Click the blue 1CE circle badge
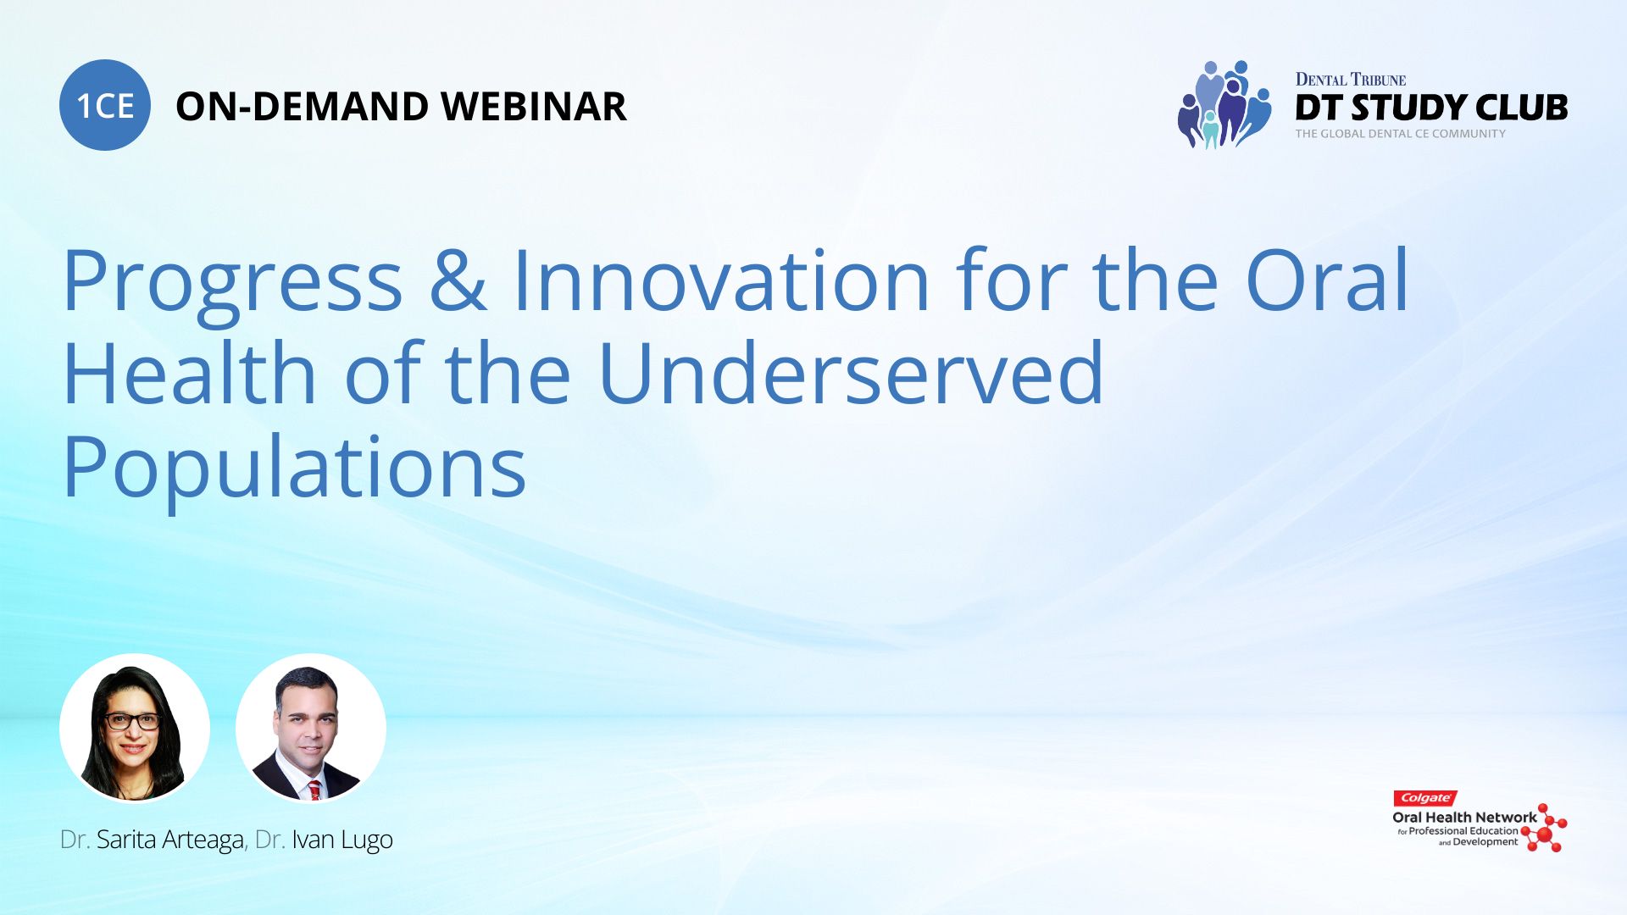pos(105,105)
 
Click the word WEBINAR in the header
pos(533,107)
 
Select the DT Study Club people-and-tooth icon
pos(1224,104)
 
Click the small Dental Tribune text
pos(1350,80)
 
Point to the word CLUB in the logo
pos(1521,108)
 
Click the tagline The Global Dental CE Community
pos(1400,134)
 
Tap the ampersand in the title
pos(458,279)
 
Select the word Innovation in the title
pos(722,279)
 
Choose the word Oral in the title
pos(1326,279)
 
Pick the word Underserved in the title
pos(851,372)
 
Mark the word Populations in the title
pos(294,470)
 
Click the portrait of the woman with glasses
pos(135,728)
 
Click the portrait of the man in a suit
pos(311,728)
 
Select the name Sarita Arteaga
pos(169,840)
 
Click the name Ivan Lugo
pos(342,840)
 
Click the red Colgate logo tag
pos(1425,798)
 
